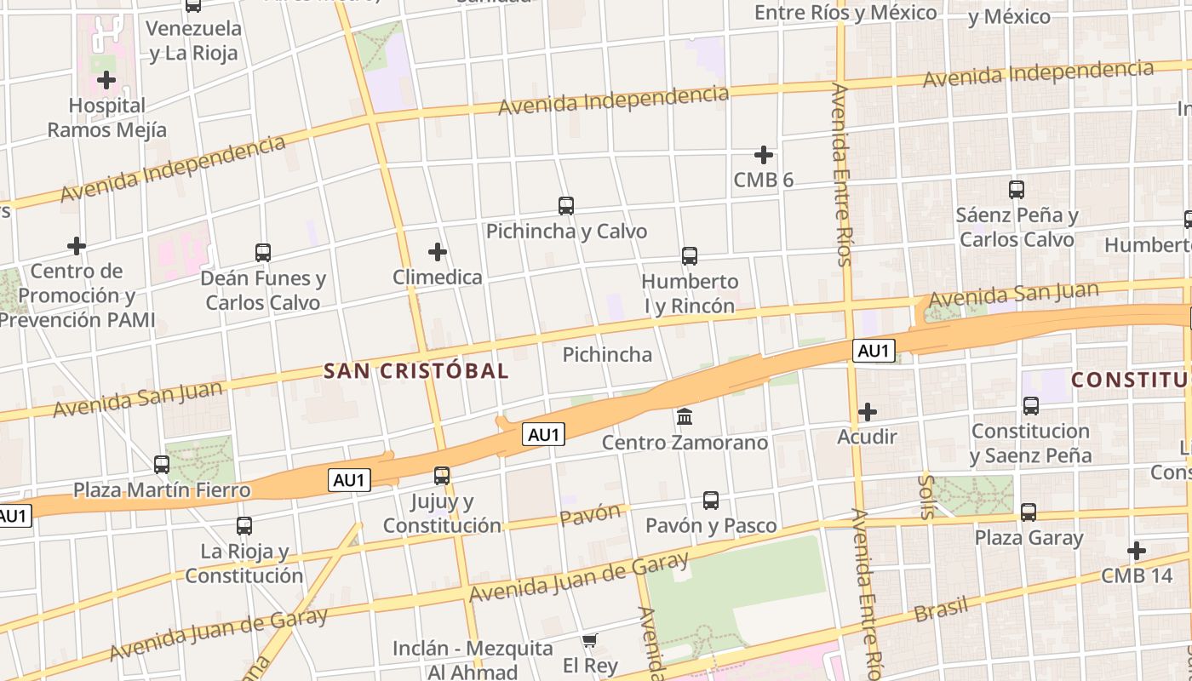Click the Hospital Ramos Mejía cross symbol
(x=106, y=81)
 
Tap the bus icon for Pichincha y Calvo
(x=566, y=206)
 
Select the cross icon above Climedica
(x=438, y=252)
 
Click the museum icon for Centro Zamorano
(x=685, y=417)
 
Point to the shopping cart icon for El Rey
(x=590, y=640)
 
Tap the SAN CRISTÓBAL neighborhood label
(x=416, y=371)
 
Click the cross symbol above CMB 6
(x=764, y=155)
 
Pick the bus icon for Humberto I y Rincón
(x=690, y=255)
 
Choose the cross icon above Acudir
(x=868, y=413)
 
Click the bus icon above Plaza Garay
(x=1029, y=512)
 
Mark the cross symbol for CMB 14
(x=1137, y=551)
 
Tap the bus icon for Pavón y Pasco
(x=711, y=501)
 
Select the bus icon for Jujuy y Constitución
(x=442, y=476)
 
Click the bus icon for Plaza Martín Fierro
(x=162, y=465)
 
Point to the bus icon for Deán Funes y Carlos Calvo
(x=263, y=253)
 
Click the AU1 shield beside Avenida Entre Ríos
(x=874, y=351)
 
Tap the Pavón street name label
(x=590, y=514)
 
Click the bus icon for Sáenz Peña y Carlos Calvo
(x=1017, y=190)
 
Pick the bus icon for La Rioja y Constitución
(x=244, y=526)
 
